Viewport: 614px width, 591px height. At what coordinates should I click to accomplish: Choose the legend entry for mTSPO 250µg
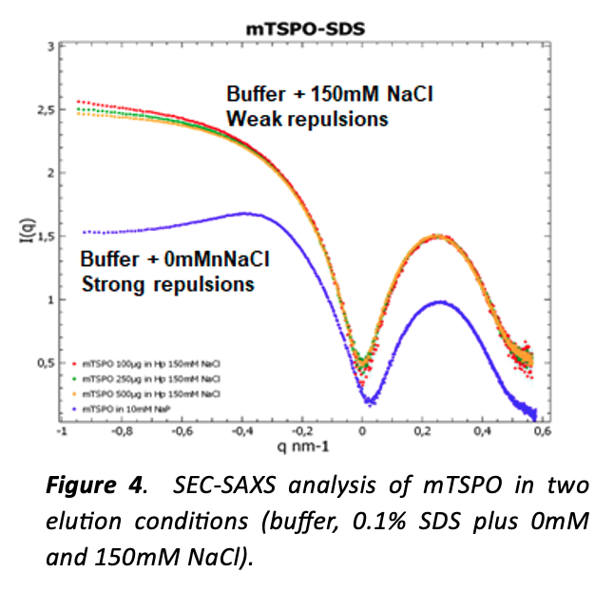tap(139, 378)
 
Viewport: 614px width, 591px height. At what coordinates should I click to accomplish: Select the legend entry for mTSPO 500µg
tap(139, 391)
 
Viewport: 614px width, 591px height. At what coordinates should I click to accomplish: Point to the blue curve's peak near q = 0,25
tap(439, 302)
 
